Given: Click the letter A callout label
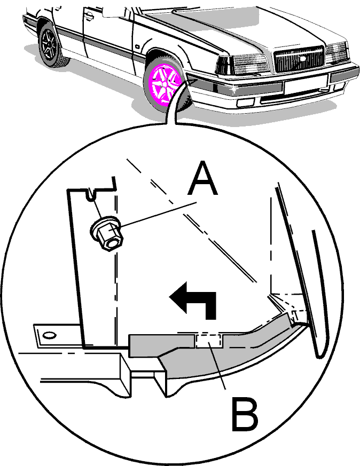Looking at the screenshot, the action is pyautogui.click(x=202, y=178).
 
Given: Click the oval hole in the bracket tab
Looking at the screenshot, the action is pyautogui.click(x=49, y=335).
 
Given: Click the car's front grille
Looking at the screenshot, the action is pyautogui.click(x=299, y=59).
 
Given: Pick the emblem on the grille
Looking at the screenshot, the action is pyautogui.click(x=302, y=59).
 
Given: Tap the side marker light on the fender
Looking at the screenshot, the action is pyautogui.click(x=138, y=46).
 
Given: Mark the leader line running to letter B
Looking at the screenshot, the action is pyautogui.click(x=217, y=366).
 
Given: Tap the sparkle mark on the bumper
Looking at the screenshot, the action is pyautogui.click(x=234, y=88).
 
